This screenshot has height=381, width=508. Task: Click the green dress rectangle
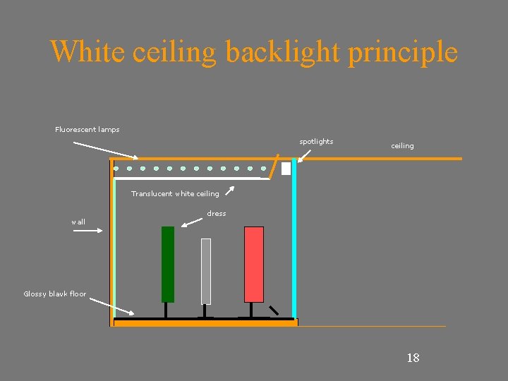[x=167, y=264]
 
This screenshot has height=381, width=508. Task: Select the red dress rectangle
[x=253, y=264]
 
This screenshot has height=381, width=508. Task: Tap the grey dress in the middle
[x=205, y=271]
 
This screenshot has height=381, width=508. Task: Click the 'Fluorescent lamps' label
[x=87, y=129]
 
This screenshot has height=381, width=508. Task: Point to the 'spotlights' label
[x=316, y=141]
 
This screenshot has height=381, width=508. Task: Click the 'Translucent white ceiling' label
[x=175, y=193]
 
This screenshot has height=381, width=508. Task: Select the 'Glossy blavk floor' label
[x=54, y=294]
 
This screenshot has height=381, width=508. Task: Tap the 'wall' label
[x=78, y=222]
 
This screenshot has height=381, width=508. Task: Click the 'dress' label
[x=217, y=213]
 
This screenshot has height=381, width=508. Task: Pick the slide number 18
[x=413, y=358]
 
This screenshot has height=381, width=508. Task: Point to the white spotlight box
[x=286, y=169]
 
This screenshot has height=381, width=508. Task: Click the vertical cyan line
[x=294, y=240]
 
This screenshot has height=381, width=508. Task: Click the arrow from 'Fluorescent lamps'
[x=106, y=150]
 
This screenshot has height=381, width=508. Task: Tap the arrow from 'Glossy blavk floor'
[x=112, y=306]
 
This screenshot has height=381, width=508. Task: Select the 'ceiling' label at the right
[x=402, y=145]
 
